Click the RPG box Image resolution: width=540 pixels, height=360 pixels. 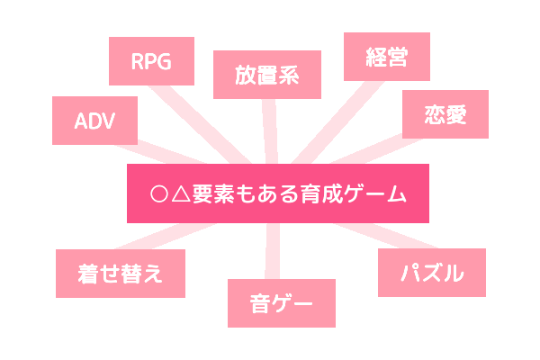[x=150, y=61]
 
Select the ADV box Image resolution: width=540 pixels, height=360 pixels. [x=95, y=121]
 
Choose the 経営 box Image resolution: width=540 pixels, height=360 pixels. [x=387, y=58]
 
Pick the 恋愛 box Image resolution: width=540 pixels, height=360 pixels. [x=445, y=113]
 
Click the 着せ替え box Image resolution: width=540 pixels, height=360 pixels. [x=120, y=273]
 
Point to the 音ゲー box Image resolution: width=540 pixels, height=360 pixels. [x=281, y=303]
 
